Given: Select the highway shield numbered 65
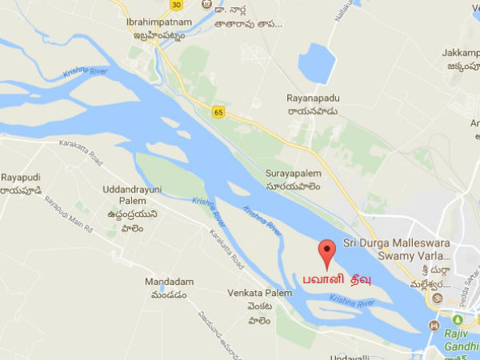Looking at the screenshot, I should (218, 111).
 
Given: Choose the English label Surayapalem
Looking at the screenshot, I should (293, 173).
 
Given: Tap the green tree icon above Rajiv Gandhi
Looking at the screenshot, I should (433, 326).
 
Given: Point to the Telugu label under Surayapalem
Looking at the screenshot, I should (293, 186).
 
